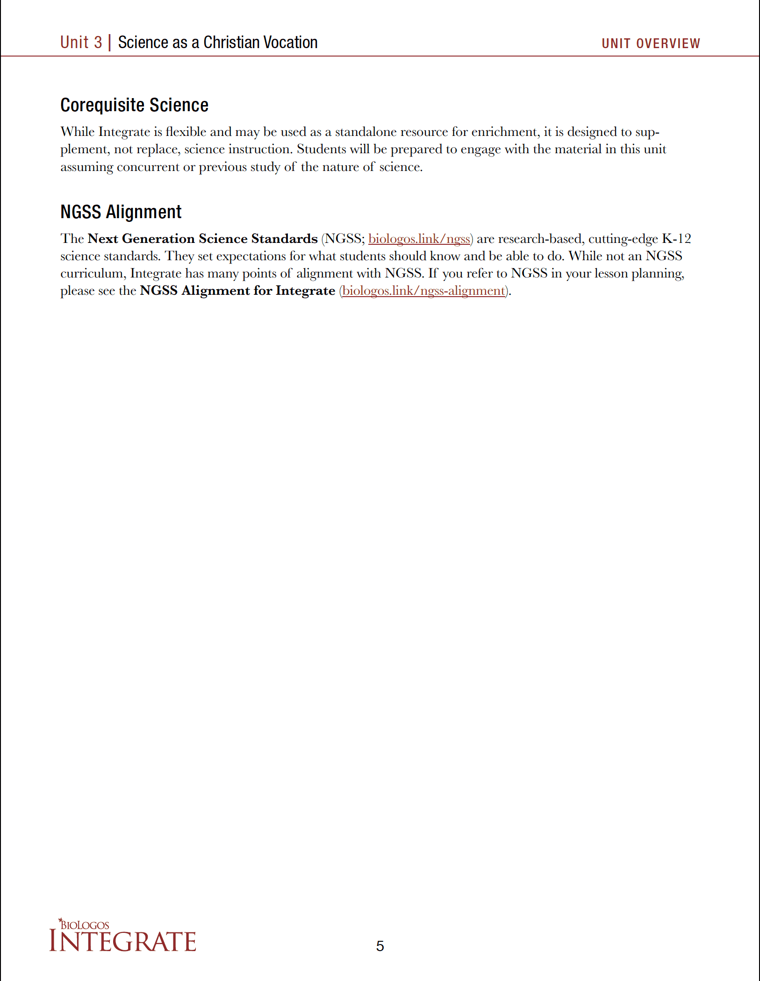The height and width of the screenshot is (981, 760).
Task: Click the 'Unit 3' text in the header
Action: point(81,43)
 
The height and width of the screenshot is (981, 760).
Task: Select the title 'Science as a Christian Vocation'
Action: point(217,43)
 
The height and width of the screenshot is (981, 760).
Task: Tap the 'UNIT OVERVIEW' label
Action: point(651,43)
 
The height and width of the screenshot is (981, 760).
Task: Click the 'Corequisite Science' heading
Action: point(134,105)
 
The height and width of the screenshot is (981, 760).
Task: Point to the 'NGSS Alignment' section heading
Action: point(121,212)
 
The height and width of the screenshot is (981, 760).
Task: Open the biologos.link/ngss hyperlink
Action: point(419,239)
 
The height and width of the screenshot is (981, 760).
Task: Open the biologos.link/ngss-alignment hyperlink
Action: point(423,291)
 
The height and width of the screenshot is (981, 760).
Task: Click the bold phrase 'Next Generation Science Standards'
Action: point(202,239)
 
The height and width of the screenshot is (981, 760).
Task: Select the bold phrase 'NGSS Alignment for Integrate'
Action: point(237,291)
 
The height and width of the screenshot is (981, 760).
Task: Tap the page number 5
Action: point(380,946)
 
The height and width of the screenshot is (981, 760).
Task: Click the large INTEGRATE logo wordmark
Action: point(122,941)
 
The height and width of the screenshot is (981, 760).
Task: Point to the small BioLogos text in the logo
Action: point(85,925)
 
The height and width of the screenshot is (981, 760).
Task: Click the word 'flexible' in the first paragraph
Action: point(186,132)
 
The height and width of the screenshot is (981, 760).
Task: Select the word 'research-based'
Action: point(540,239)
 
